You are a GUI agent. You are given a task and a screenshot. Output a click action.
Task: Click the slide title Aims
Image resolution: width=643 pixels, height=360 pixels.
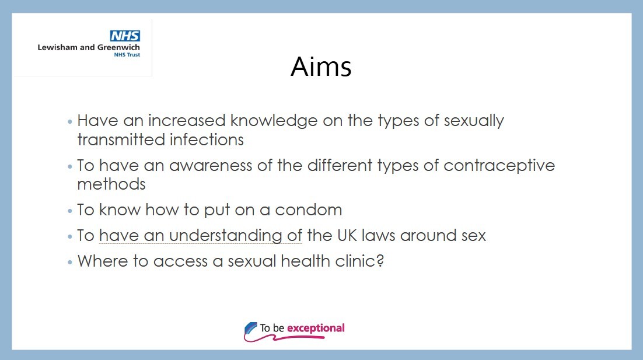pyautogui.click(x=321, y=68)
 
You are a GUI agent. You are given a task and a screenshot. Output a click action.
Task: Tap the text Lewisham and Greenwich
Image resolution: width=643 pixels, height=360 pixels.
pyautogui.click(x=89, y=47)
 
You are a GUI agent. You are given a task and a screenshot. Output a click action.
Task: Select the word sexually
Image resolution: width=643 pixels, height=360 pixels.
pyautogui.click(x=473, y=121)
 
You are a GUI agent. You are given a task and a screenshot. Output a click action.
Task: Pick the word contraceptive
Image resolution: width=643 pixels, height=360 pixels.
pyautogui.click(x=499, y=166)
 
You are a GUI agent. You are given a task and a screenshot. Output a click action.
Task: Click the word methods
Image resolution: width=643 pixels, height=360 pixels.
pyautogui.click(x=111, y=184)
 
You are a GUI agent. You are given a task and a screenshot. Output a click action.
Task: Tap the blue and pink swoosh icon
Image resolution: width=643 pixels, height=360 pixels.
pyautogui.click(x=251, y=331)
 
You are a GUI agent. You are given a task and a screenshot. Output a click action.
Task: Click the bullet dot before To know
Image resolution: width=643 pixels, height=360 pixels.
pyautogui.click(x=71, y=211)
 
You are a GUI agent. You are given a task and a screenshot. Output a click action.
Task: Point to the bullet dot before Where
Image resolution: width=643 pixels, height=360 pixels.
pyautogui.click(x=71, y=261)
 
